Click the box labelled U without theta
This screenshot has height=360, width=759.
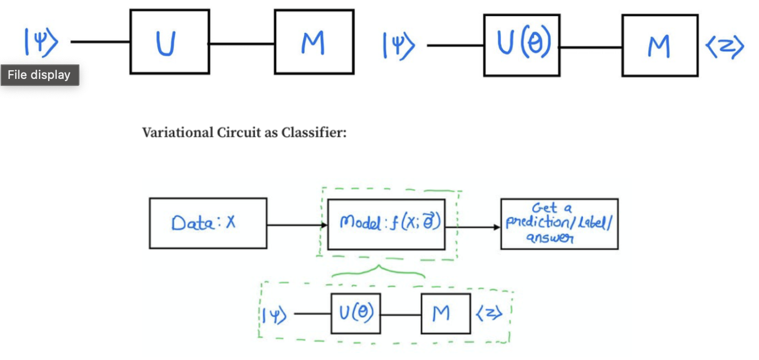(x=169, y=42)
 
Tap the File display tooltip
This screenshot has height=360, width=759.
(x=39, y=75)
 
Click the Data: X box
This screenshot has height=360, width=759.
(x=208, y=223)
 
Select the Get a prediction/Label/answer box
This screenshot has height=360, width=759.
(x=559, y=224)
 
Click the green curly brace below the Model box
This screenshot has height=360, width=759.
(x=378, y=273)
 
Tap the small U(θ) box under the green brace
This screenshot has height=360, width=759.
(x=356, y=314)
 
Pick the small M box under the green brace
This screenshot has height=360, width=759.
(x=445, y=314)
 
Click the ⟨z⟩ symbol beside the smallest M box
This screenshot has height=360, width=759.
(x=490, y=314)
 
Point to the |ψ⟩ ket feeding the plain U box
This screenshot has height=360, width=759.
(x=40, y=42)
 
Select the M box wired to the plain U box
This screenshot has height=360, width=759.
(x=314, y=42)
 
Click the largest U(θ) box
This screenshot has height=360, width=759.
(x=521, y=45)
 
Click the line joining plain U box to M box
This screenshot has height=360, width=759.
(x=242, y=43)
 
